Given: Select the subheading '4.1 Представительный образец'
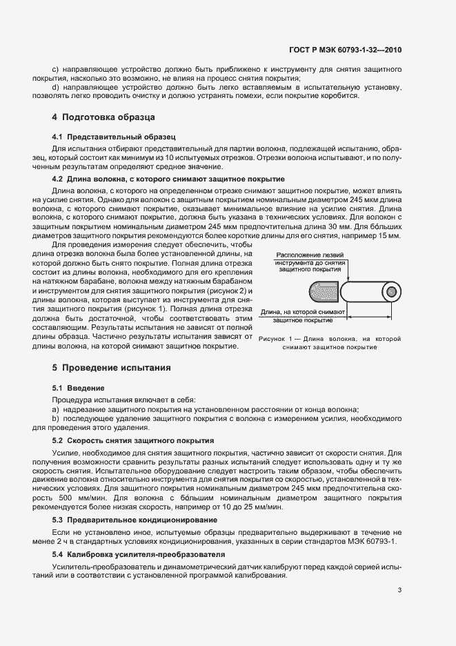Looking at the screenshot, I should point(104,137).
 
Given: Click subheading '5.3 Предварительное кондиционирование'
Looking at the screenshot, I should point(132,518).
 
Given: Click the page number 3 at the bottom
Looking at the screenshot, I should point(399,590).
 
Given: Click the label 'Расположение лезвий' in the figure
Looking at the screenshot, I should point(301,255).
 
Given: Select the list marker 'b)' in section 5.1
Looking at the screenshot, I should point(55,418).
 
